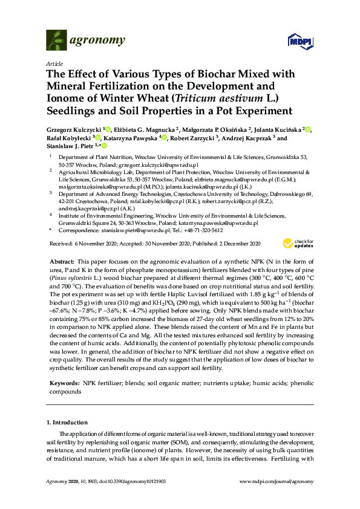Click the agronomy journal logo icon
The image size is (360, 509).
point(56,39)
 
